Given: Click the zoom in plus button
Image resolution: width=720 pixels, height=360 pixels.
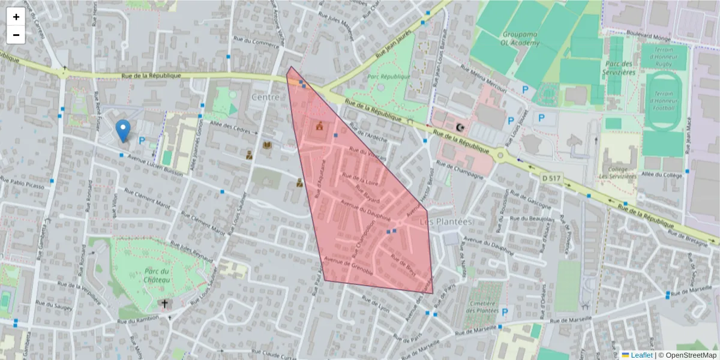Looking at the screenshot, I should click(x=16, y=17).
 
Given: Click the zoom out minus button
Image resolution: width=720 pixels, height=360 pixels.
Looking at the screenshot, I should click(x=16, y=35).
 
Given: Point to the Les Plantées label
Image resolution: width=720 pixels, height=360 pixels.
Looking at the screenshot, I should click(x=446, y=222).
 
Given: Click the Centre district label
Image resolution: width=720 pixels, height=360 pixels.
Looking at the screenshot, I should click(x=266, y=97).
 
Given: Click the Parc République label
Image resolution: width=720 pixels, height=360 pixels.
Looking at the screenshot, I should click(x=388, y=77).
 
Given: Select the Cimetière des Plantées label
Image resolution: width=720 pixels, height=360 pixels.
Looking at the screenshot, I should click(x=482, y=305).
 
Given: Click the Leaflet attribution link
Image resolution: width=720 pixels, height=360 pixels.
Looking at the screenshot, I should click(x=641, y=355).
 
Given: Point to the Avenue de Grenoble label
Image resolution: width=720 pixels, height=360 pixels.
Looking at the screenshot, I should click(x=349, y=266).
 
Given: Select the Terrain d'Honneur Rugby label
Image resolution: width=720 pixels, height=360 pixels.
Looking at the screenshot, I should click(x=664, y=56).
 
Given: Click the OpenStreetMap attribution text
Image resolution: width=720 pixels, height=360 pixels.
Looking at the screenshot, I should click(x=691, y=355).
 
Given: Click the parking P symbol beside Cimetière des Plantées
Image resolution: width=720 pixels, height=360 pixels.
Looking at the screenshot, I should click(x=505, y=312).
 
